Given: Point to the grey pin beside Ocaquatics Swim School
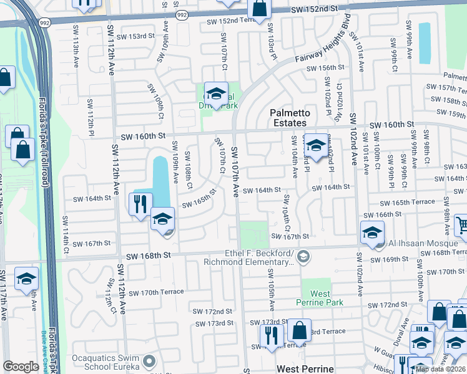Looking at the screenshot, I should pyautogui.click(x=149, y=362).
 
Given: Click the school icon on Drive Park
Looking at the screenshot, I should pyautogui.click(x=215, y=94).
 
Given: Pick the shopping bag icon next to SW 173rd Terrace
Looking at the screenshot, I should pyautogui.click(x=300, y=330).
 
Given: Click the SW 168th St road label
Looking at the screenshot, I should pyautogui.click(x=148, y=255).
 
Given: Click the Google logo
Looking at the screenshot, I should pyautogui.click(x=21, y=367).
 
